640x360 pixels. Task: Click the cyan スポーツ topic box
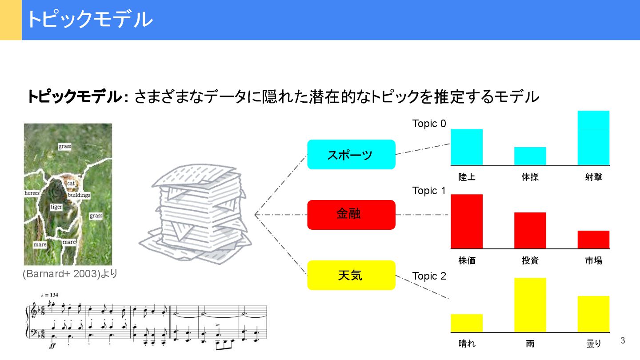(351, 155)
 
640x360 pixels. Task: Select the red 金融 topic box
(351, 215)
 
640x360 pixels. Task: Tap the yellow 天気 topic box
(351, 275)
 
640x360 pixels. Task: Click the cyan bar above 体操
(530, 156)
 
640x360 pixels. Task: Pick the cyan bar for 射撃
(593, 138)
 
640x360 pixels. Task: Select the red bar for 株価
(467, 221)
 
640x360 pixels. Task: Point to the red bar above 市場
(593, 240)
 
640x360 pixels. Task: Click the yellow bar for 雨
(530, 305)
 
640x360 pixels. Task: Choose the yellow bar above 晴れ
(467, 323)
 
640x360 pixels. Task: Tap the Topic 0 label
(429, 124)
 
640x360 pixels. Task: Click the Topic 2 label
(429, 276)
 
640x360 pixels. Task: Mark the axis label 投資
(530, 260)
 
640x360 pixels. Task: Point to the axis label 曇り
(593, 344)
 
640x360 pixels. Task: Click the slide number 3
(623, 341)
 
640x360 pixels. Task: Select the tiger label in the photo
(56, 207)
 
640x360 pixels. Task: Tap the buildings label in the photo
(79, 195)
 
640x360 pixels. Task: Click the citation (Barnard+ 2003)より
(70, 274)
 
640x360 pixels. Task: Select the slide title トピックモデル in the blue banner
(89, 20)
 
